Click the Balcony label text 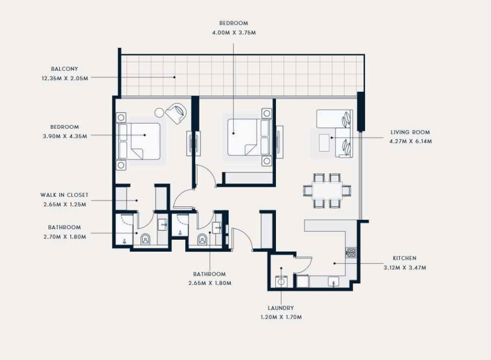pos(64,69)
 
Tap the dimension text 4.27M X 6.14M pos(410,141)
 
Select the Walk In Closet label pos(64,195)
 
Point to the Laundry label pos(281,308)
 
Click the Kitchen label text pos(405,258)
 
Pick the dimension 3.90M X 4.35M pos(65,136)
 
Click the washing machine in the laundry pos(282,281)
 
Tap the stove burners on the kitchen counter pos(351,253)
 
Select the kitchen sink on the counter pos(333,282)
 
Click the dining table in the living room pos(327,190)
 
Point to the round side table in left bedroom pos(159,113)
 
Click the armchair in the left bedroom pos(177,113)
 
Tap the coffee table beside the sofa pos(324,143)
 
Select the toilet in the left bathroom pos(145,239)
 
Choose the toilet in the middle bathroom pos(203,239)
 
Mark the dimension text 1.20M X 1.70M pos(281,317)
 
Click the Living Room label pos(410,132)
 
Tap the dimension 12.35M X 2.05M pos(65,78)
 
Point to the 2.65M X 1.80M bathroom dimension pos(210,283)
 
